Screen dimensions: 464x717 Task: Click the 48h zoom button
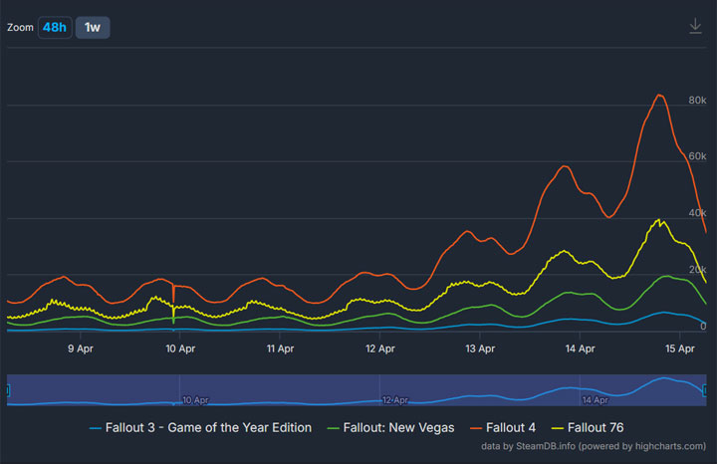[x=54, y=27]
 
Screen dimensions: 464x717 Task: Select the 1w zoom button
[x=93, y=27]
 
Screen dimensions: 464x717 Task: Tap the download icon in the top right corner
[x=695, y=26]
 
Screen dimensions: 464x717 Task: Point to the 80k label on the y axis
[x=697, y=101]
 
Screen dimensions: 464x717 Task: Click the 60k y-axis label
[x=697, y=156]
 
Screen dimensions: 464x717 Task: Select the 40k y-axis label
[x=697, y=213]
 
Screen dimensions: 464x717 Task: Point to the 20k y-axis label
[x=697, y=270]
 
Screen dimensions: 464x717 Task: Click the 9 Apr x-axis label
[x=81, y=348]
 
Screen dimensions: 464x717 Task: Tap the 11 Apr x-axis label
[x=280, y=348]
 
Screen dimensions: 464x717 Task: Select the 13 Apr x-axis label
[x=480, y=348]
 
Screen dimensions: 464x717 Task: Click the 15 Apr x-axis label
[x=679, y=348]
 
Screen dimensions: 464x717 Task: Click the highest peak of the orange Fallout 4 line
[x=659, y=96]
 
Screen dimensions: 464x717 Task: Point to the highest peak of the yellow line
[x=659, y=219]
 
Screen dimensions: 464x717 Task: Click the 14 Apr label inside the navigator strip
[x=595, y=399]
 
